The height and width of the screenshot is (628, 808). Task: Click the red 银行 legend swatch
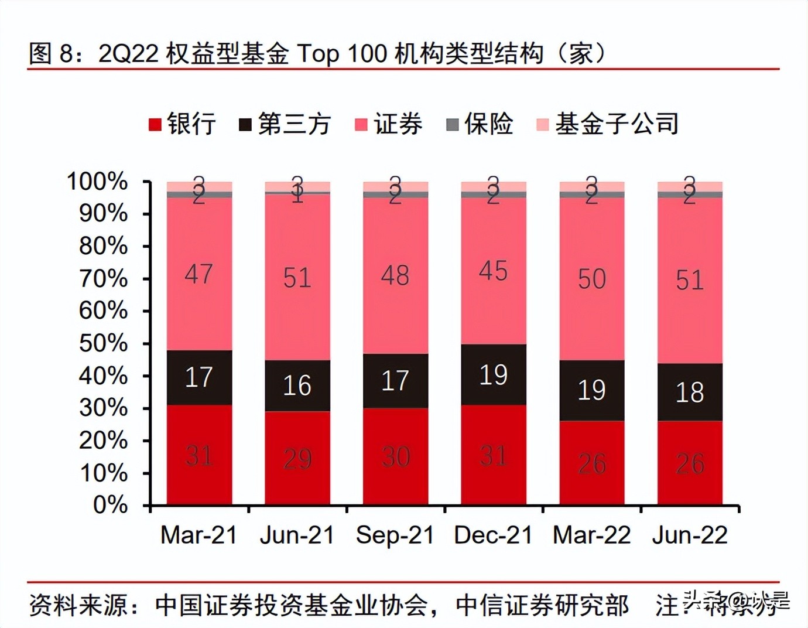tap(155, 125)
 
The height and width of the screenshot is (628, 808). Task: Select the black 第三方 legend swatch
tap(245, 125)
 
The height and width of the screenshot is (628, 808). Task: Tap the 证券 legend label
tap(398, 124)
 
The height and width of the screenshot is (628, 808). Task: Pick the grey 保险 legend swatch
tap(452, 125)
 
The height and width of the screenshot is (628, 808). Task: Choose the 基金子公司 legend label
tap(617, 124)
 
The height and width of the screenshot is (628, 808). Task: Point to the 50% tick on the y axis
tap(146, 344)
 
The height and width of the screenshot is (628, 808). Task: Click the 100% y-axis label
tap(97, 182)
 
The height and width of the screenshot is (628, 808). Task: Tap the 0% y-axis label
tap(110, 505)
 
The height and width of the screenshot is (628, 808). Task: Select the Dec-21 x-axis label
tap(493, 535)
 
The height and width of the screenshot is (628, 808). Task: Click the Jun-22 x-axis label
tap(690, 535)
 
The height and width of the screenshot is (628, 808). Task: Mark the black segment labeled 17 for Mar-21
tap(199, 377)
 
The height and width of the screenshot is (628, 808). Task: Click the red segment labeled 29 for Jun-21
tap(297, 459)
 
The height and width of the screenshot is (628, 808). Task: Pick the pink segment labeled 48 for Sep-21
tap(395, 275)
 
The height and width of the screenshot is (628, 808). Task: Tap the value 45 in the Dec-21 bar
tap(493, 271)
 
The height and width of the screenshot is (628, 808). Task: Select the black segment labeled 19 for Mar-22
tap(591, 390)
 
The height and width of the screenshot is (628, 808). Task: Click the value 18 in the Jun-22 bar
tap(690, 392)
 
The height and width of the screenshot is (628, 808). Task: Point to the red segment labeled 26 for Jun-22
tap(690, 463)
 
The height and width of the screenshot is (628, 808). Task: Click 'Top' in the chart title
tap(319, 54)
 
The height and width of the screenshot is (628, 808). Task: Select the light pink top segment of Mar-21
tap(199, 186)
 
